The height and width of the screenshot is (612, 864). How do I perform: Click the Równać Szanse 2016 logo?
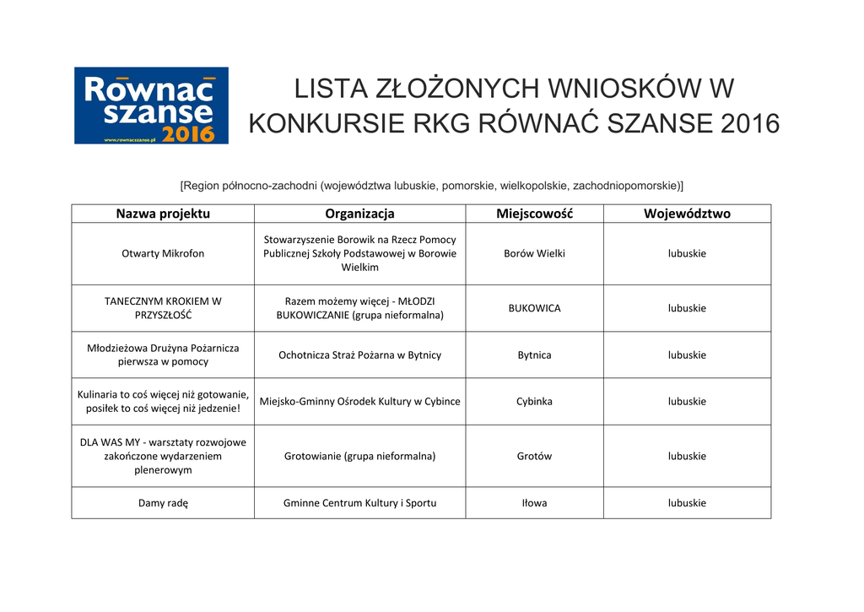[151, 106]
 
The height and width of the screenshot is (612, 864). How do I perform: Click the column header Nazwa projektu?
[163, 214]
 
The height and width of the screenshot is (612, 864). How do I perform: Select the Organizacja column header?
[359, 214]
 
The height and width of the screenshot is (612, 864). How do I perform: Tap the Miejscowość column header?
[534, 214]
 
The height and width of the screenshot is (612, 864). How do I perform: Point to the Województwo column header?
[687, 214]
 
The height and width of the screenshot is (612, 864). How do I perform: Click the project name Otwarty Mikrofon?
[163, 253]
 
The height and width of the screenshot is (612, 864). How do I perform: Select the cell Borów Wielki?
[534, 253]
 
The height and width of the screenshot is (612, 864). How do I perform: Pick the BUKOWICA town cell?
[534, 308]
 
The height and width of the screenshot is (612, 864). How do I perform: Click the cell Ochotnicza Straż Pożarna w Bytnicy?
[359, 355]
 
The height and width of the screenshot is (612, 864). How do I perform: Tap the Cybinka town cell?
[534, 401]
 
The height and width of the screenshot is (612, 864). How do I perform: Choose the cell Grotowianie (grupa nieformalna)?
[359, 456]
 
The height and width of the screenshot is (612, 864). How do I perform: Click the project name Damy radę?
[163, 503]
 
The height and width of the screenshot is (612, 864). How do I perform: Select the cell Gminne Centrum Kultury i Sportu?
[359, 503]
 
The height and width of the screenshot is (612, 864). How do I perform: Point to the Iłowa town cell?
[534, 503]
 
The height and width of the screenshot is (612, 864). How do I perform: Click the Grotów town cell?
[534, 456]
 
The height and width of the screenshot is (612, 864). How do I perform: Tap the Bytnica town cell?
[534, 355]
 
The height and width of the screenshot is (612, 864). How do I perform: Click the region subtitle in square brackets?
[432, 185]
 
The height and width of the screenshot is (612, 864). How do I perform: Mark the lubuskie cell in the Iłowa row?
[687, 503]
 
